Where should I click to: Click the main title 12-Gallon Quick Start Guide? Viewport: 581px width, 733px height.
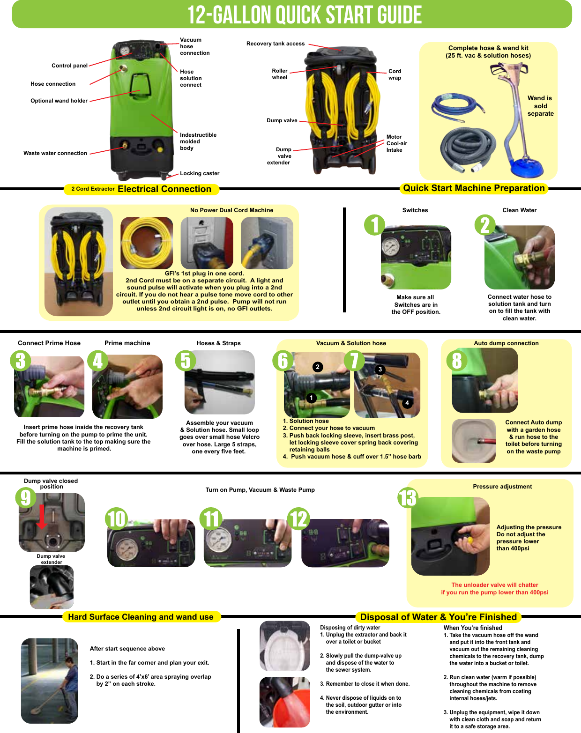point(305,15)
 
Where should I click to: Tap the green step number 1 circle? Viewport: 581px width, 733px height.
point(375,225)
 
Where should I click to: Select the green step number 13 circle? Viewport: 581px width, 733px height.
point(408,498)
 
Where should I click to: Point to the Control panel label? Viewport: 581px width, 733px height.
point(69,66)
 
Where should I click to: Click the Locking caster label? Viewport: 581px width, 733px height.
point(200,173)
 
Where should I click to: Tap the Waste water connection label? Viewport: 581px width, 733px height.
point(55,153)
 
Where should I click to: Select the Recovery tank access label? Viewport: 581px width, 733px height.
point(276,44)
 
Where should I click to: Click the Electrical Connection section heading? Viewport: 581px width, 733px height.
point(164,189)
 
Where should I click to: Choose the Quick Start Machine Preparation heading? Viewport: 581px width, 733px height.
point(474,188)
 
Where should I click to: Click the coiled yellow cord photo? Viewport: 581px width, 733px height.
point(147,243)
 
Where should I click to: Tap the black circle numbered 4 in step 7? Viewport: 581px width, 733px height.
point(407,403)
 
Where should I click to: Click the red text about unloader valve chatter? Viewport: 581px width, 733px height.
point(494,589)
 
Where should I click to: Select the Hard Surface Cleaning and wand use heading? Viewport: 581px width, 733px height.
point(141,617)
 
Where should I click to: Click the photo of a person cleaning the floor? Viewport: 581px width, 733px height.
point(50,681)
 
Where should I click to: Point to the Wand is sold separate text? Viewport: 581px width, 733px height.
point(540,106)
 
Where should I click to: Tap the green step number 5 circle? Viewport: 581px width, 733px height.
point(186,361)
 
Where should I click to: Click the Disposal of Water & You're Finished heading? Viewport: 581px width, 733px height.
point(438,617)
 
